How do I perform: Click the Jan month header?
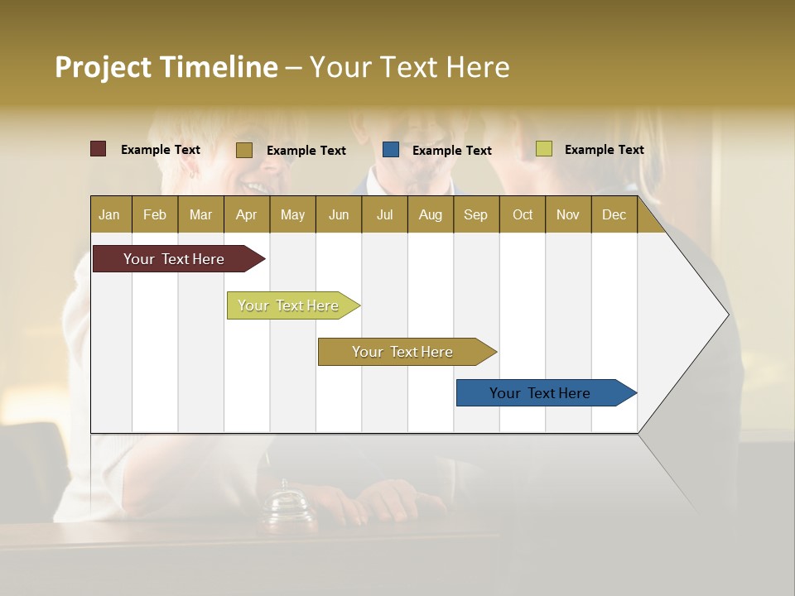110,214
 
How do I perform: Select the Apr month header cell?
247,214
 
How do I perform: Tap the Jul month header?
384,214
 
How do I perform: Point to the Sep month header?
475,214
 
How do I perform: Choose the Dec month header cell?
614,214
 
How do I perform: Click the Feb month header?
155,214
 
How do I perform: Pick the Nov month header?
567,214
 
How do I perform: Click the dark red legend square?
99,149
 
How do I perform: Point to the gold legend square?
244,150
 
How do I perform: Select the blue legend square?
391,150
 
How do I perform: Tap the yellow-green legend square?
544,149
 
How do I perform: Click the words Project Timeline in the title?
166,67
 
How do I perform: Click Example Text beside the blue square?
452,151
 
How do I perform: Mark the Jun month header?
339,214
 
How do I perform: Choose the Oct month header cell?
523,214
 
